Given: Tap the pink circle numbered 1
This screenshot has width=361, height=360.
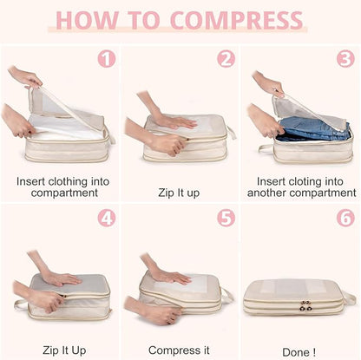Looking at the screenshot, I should point(106,59).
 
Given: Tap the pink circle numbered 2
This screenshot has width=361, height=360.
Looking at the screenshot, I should point(226,59).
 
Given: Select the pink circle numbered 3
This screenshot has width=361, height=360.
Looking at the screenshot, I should point(345,59).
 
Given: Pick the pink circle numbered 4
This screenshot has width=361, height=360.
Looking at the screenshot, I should point(106,217).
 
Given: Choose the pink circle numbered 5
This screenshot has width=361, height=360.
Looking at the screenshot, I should point(226,217).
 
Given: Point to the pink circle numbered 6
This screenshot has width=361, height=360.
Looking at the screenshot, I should point(345,217).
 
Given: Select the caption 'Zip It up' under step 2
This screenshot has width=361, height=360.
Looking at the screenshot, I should point(180,193).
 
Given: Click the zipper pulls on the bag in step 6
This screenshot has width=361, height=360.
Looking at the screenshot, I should point(305,306).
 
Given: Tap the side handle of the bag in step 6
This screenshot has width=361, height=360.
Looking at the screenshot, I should point(350,298).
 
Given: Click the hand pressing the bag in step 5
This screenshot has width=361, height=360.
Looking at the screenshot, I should point(169,275).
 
